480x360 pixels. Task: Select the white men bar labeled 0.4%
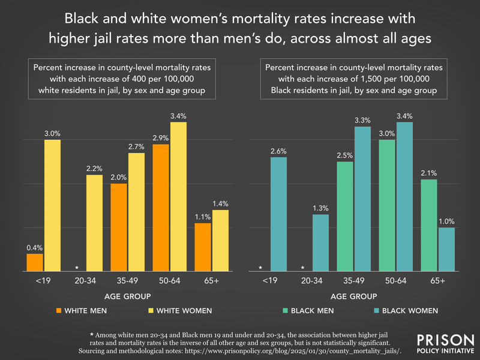pyautogui.click(x=35, y=262)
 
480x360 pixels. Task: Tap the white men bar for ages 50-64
pyautogui.click(x=161, y=207)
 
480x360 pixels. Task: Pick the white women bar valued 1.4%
pyautogui.click(x=221, y=240)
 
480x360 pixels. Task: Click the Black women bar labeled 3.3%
pyautogui.click(x=363, y=198)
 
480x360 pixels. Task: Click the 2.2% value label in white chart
pyautogui.click(x=94, y=169)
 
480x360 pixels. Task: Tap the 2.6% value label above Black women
pyautogui.click(x=278, y=151)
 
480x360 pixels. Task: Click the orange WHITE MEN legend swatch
pyautogui.click(x=59, y=311)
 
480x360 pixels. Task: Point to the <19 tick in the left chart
pyautogui.click(x=44, y=280)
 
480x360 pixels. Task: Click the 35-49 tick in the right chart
pyautogui.click(x=354, y=280)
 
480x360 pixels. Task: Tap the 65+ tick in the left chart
pyautogui.click(x=212, y=280)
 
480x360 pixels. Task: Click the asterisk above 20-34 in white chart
pyautogui.click(x=76, y=267)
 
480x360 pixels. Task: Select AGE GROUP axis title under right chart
pyautogui.click(x=354, y=296)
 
